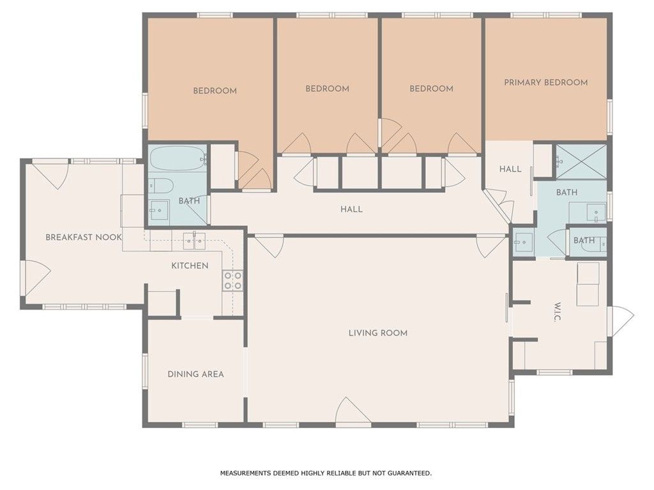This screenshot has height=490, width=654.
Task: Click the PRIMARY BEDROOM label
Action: click(545, 82)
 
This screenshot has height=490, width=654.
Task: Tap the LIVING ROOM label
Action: click(378, 333)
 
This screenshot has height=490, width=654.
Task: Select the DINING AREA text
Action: click(195, 374)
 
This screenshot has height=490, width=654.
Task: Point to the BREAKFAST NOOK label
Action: click(84, 237)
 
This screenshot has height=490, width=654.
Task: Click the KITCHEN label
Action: click(190, 266)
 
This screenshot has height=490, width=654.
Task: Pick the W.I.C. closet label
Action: click(558, 311)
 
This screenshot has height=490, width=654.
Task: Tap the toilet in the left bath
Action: click(160, 186)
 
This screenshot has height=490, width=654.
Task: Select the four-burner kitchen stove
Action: click(232, 281)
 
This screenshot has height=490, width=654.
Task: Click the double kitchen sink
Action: click(194, 241)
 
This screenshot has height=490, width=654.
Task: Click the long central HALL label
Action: click(351, 209)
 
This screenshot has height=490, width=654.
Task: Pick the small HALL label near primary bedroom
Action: click(510, 169)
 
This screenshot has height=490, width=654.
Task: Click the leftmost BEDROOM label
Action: click(215, 91)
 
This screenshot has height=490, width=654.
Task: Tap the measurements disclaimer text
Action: click(326, 473)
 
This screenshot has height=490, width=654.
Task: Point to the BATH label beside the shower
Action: click(567, 193)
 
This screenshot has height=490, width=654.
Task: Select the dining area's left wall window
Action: click(145, 371)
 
